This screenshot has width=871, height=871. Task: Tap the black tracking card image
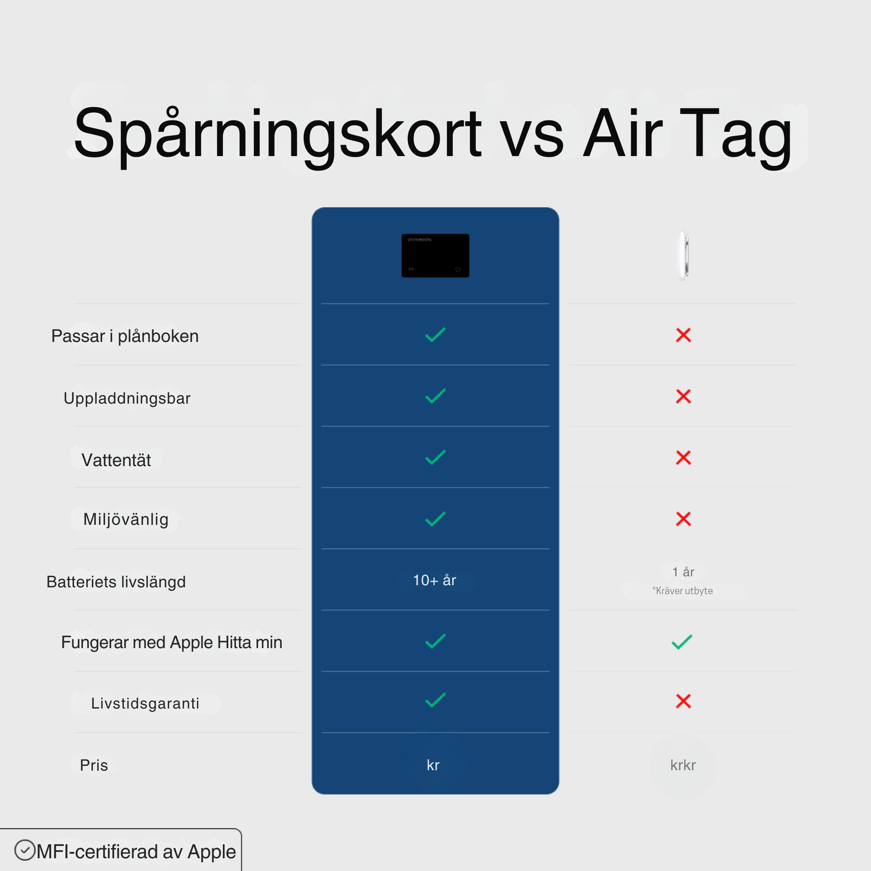[435, 256]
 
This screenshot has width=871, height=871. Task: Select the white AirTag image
[683, 256]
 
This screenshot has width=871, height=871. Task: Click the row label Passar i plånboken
[125, 336]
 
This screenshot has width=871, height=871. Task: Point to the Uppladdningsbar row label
[127, 398]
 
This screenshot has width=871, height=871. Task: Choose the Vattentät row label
[116, 460]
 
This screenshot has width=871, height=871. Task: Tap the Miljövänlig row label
[126, 520]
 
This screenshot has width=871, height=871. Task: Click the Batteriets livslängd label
[116, 582]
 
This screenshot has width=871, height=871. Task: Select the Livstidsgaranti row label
[145, 703]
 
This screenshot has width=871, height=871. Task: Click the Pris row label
[94, 765]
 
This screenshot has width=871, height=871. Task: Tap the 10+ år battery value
[435, 580]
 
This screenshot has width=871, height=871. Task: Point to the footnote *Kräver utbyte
[683, 590]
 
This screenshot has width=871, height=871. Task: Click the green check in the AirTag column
[682, 641]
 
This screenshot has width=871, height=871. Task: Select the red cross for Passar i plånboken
[683, 335]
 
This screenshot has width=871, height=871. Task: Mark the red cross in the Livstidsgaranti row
[683, 701]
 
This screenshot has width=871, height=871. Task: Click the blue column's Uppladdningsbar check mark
[435, 396]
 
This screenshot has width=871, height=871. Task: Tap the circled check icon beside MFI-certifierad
[24, 850]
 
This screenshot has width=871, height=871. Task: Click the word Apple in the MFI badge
[211, 852]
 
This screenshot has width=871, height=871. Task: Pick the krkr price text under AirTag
[683, 765]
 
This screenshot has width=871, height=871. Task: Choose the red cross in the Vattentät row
[683, 457]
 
